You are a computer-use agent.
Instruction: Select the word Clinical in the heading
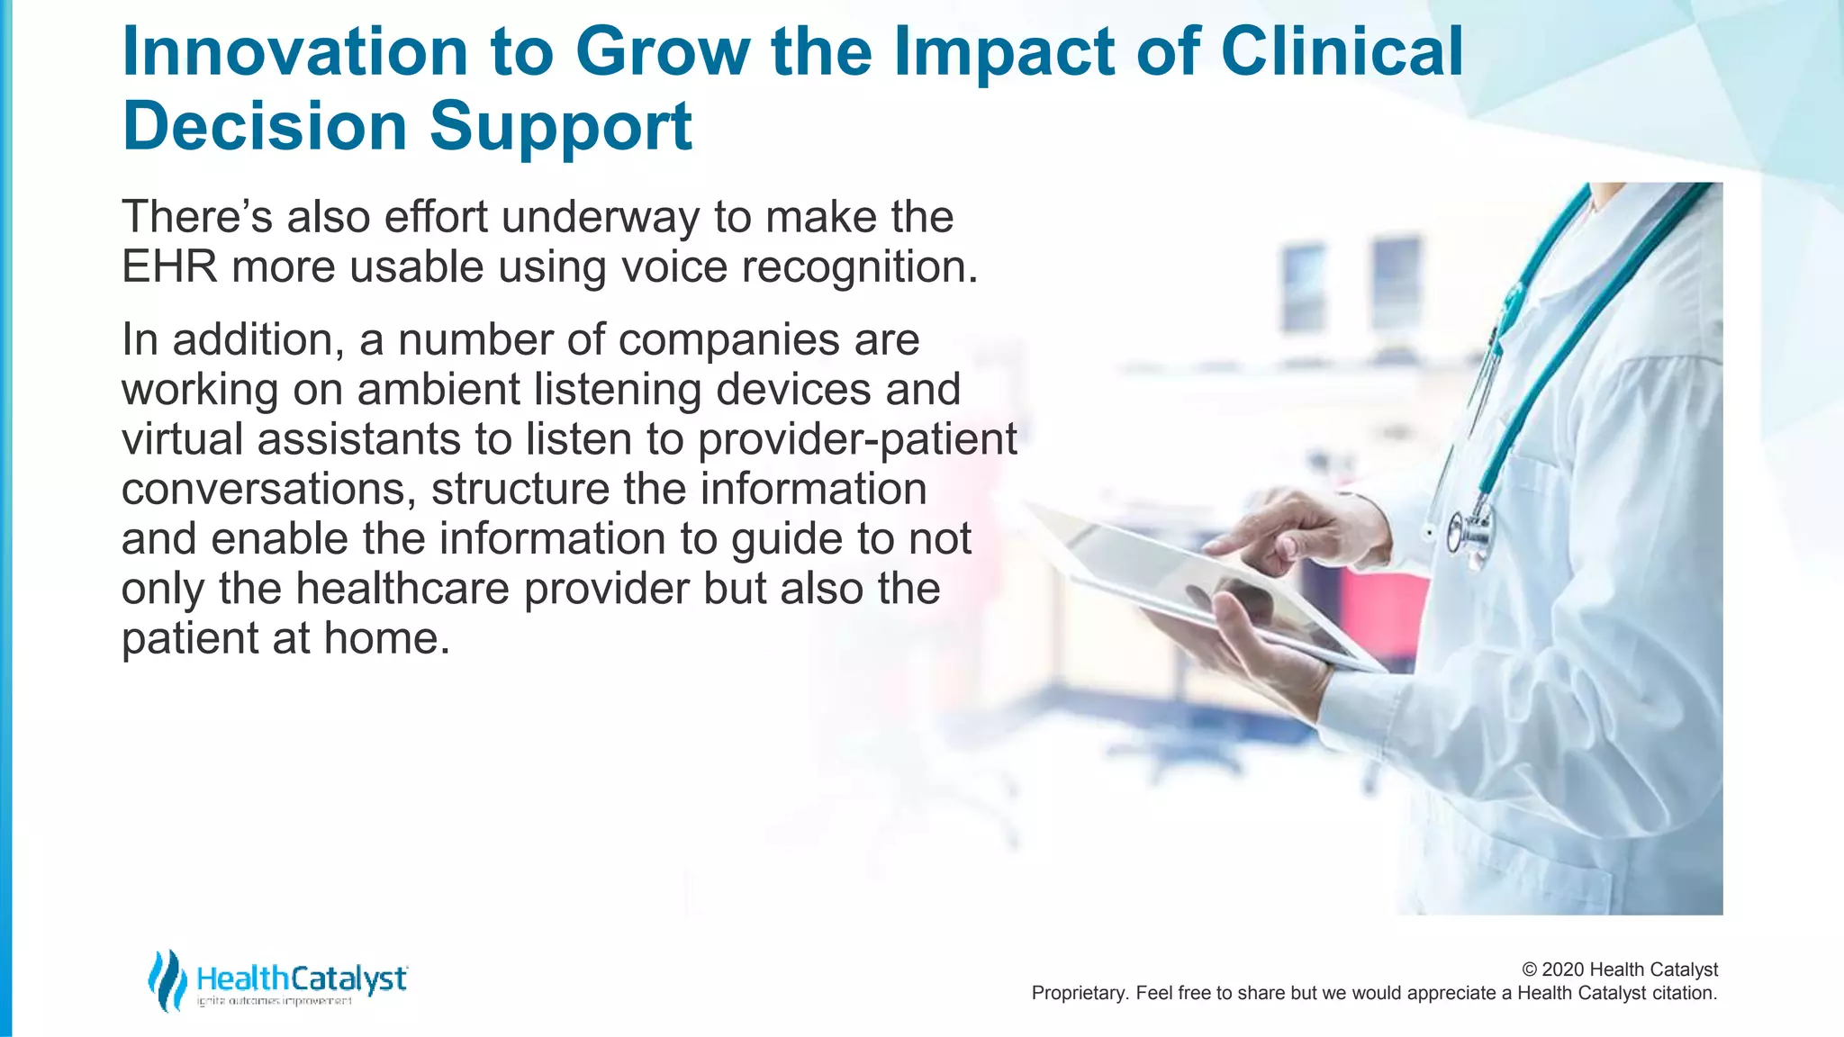pyautogui.click(x=1342, y=51)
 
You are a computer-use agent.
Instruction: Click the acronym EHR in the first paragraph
pyautogui.click(x=169, y=267)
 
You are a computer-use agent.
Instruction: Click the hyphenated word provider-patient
pyautogui.click(x=857, y=440)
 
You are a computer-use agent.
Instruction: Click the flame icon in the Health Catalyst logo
pyautogui.click(x=167, y=980)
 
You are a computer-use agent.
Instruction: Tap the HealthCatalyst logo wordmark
pyautogui.click(x=302, y=978)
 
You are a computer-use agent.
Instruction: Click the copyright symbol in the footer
pyautogui.click(x=1530, y=970)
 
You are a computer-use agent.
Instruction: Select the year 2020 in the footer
pyautogui.click(x=1563, y=970)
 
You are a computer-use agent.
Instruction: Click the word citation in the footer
pyautogui.click(x=1683, y=994)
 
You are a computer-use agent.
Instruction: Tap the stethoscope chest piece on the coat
pyautogui.click(x=1467, y=534)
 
